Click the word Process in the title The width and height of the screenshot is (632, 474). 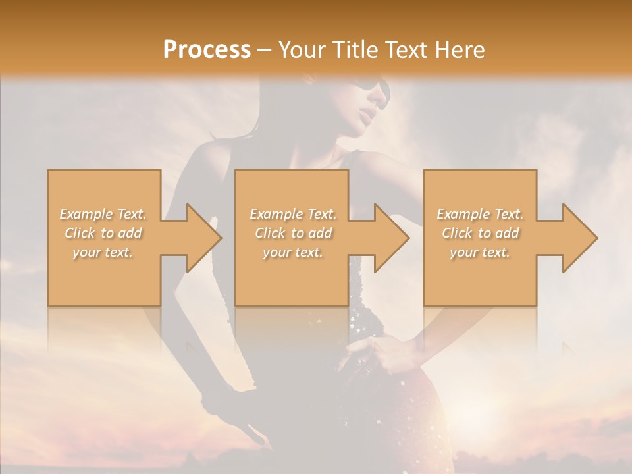coord(207,49)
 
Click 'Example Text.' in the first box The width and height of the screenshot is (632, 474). coord(103,214)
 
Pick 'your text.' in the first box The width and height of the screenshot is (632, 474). coord(103,252)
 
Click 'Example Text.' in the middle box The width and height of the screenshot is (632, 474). coord(293,214)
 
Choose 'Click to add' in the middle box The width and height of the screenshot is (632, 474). coord(293,233)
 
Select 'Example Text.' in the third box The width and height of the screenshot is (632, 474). coord(480,214)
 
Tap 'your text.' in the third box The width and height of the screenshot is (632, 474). coord(480,252)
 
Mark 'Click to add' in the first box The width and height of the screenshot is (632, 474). coord(103,233)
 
